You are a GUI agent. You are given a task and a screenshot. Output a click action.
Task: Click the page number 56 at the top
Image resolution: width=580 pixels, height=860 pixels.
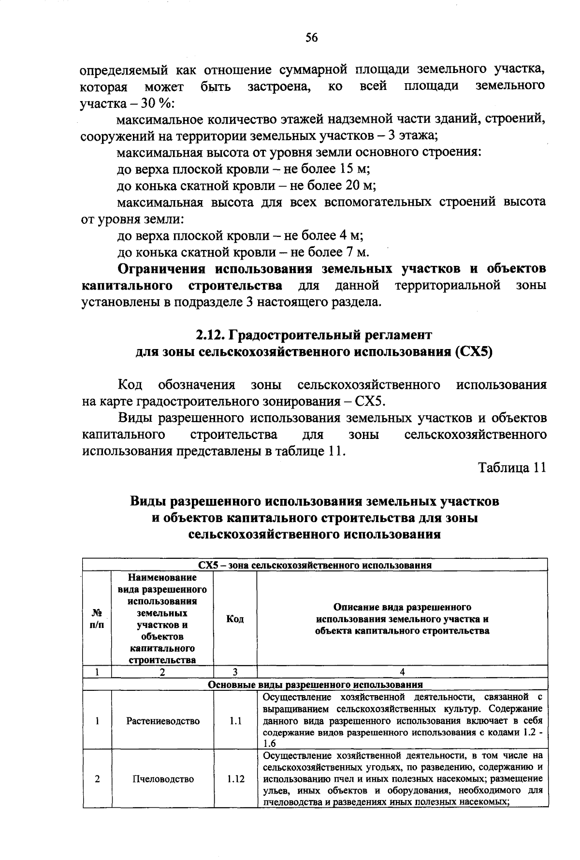(311, 38)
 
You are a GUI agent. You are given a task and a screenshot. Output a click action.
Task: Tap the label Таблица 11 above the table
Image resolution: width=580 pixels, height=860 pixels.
(512, 468)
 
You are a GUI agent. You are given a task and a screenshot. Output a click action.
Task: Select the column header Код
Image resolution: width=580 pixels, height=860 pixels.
(235, 619)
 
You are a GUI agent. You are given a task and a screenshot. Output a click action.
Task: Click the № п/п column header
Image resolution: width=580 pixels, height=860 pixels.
(97, 619)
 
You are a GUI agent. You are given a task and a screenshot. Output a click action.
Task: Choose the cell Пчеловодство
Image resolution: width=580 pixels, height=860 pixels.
(163, 779)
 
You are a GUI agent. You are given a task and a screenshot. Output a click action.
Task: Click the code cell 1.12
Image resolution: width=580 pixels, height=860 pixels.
(235, 779)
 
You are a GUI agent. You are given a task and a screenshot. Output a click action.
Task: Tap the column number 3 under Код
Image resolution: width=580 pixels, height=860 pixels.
(235, 672)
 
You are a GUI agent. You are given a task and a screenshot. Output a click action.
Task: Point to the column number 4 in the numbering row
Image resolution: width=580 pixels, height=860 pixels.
(402, 672)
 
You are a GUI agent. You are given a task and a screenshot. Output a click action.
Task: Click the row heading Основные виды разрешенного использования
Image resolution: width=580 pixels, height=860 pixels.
(315, 685)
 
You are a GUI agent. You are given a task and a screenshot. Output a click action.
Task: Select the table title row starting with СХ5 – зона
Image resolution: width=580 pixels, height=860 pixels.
(315, 565)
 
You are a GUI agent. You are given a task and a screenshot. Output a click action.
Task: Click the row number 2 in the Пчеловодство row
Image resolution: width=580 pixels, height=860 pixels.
(97, 779)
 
